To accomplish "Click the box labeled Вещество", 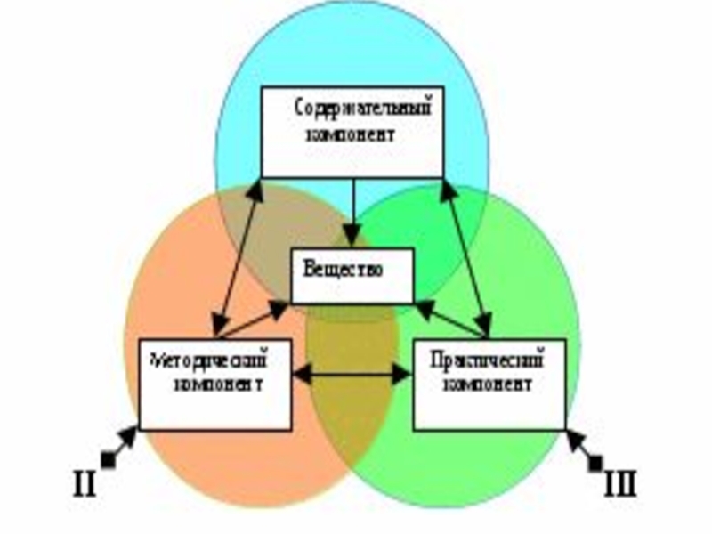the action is pyautogui.click(x=353, y=275).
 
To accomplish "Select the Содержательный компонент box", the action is pyautogui.click(x=352, y=132).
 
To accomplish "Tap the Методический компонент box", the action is pyautogui.click(x=214, y=383).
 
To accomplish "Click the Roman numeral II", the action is pyautogui.click(x=85, y=485).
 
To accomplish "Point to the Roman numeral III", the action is pyautogui.click(x=620, y=485).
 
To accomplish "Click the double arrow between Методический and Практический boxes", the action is pyautogui.click(x=352, y=376).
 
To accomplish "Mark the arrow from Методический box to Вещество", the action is pyautogui.click(x=254, y=320).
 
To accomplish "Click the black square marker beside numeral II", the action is pyautogui.click(x=109, y=459).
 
